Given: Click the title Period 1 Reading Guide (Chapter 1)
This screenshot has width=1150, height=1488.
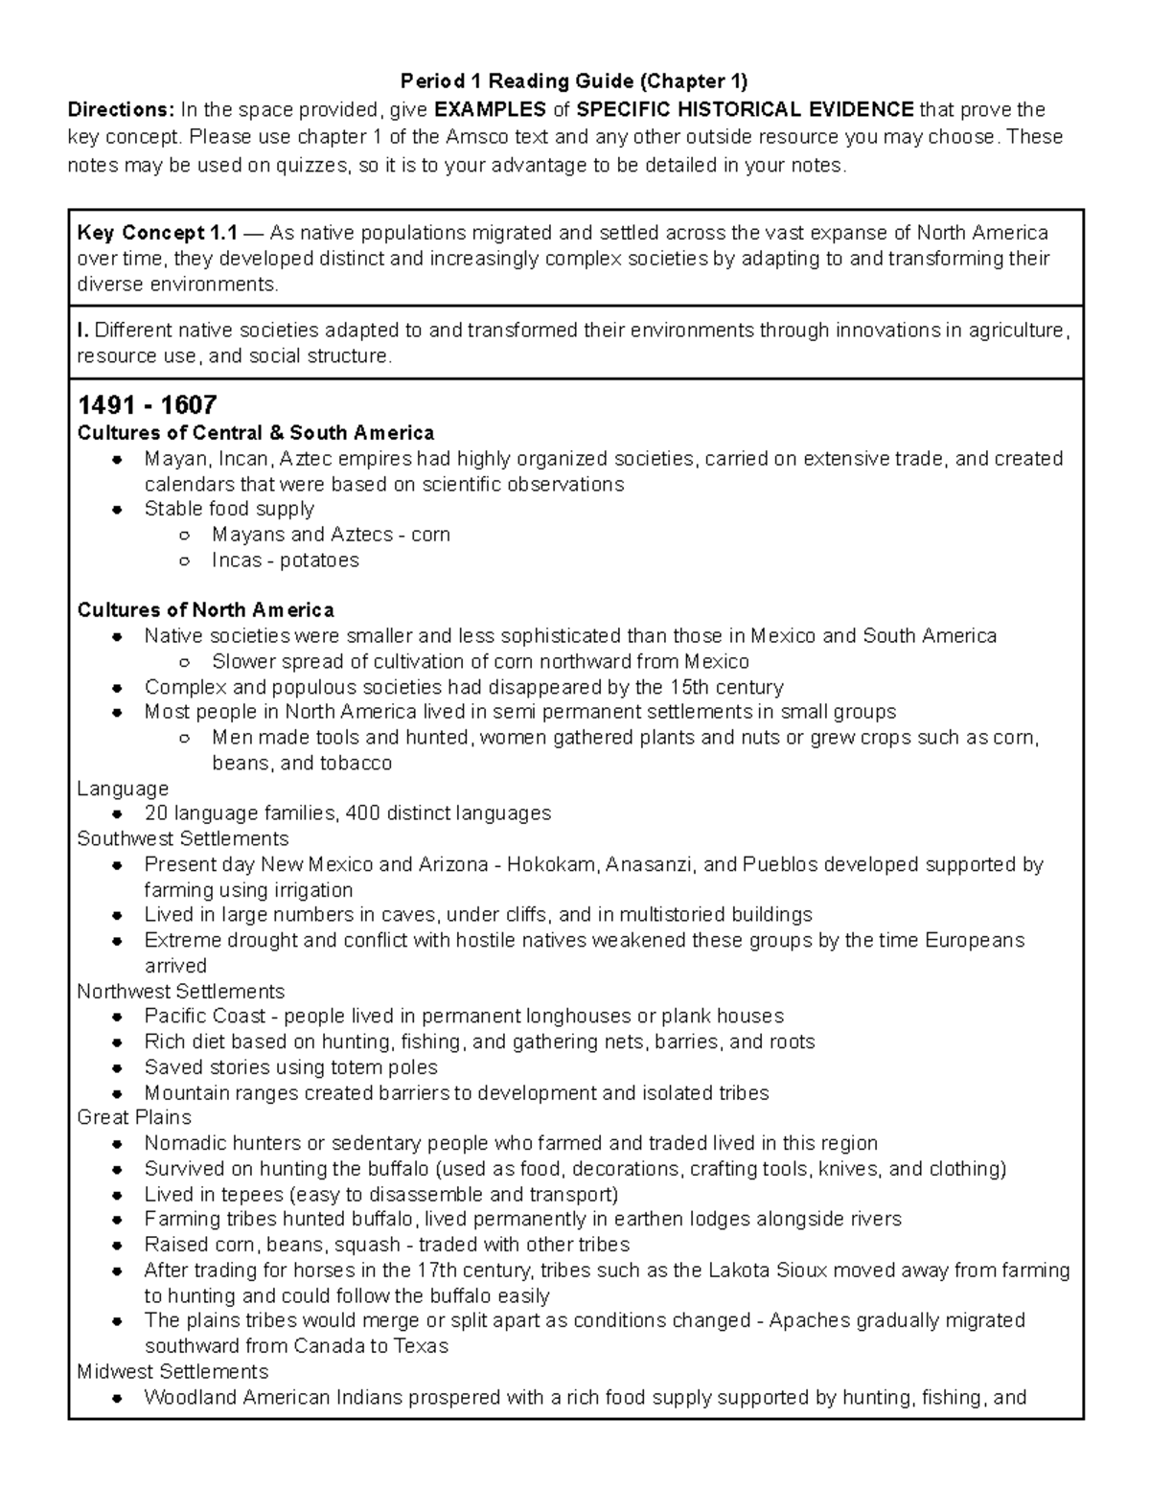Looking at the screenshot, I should click(x=573, y=80).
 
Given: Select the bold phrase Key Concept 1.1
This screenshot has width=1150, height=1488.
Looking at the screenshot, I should click(x=156, y=233).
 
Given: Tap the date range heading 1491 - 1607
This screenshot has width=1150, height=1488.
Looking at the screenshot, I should click(x=147, y=404).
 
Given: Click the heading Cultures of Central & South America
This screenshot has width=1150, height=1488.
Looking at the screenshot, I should click(x=255, y=433).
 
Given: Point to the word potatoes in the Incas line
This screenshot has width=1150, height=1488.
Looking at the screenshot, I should click(x=319, y=561).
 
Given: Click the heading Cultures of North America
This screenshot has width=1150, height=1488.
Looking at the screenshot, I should click(x=205, y=610).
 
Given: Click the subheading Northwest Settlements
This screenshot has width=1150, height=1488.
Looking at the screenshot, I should click(x=180, y=992).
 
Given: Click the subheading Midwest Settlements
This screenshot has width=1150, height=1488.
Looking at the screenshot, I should click(x=172, y=1372).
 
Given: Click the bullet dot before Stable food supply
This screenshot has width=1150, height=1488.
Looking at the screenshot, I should click(x=116, y=510).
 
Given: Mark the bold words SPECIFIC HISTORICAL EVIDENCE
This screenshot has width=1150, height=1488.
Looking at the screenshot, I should click(x=745, y=109).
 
